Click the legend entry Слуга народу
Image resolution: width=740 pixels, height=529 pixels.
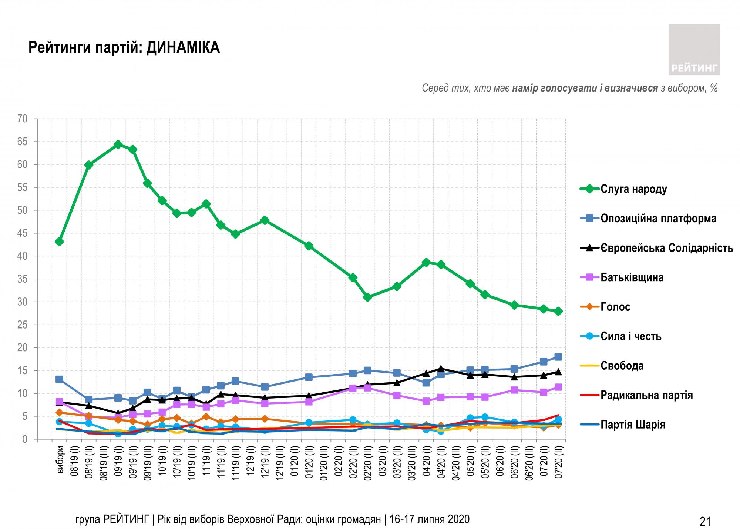point(633,189)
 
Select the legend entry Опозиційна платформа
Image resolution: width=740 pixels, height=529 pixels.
point(658,219)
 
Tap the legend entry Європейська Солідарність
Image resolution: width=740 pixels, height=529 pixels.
point(666,248)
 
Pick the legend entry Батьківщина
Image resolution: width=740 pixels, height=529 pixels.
point(632,277)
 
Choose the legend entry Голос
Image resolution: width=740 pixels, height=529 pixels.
point(615,307)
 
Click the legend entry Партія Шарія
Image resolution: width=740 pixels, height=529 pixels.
point(633,425)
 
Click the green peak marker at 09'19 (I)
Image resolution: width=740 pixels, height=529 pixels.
point(118,144)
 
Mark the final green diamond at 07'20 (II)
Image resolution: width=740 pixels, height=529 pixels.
point(558,311)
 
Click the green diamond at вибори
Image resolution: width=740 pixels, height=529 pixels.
point(59,242)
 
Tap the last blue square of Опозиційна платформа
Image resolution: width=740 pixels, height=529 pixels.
point(558,357)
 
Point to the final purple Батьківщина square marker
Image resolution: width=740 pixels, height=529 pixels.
point(558,387)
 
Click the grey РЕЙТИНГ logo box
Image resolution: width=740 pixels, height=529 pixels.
point(694,50)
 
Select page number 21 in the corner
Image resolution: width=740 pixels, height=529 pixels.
point(705,522)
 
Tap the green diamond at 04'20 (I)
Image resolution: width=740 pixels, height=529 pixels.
point(426,262)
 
